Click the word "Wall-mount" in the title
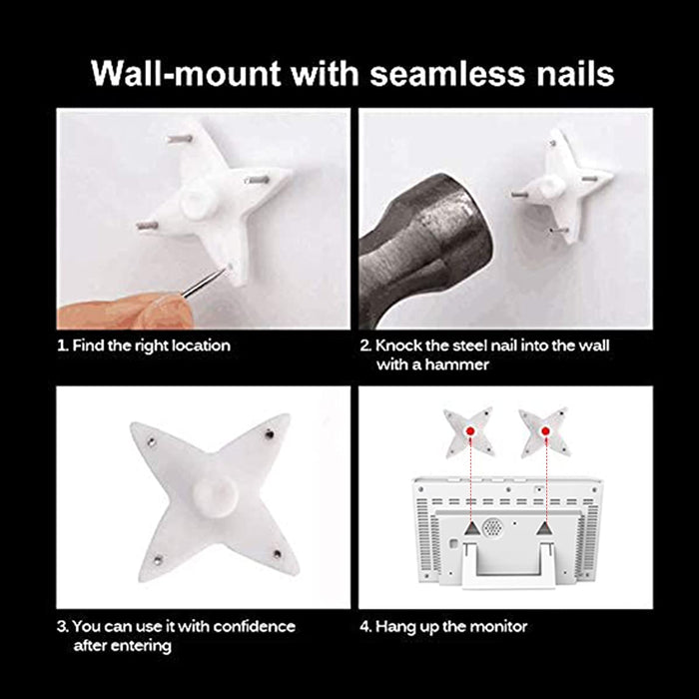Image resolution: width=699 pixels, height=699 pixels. coord(187,73)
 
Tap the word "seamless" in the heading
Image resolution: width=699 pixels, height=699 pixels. coord(447,73)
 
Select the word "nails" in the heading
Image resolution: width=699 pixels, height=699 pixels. coord(575,73)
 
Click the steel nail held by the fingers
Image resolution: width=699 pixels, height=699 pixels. coord(203,283)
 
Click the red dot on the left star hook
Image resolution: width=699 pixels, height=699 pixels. coord(470,431)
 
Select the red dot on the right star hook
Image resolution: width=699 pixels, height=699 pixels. coord(545,431)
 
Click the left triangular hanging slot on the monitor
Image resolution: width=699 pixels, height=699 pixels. coord(472,528)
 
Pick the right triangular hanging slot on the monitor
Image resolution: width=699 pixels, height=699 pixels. coord(544,528)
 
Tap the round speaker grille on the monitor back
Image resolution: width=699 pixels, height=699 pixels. coord(492,528)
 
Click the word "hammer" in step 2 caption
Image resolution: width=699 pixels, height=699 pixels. coord(457,364)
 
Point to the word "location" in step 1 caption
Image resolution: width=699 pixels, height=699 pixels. coord(202,346)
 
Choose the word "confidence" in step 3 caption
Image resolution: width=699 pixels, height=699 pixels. coord(255,626)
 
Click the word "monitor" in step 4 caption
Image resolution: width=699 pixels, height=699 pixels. coord(499,627)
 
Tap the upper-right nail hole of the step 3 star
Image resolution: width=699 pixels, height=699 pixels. coord(270,433)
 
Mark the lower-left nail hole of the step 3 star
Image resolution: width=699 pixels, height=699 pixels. coord(158,560)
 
